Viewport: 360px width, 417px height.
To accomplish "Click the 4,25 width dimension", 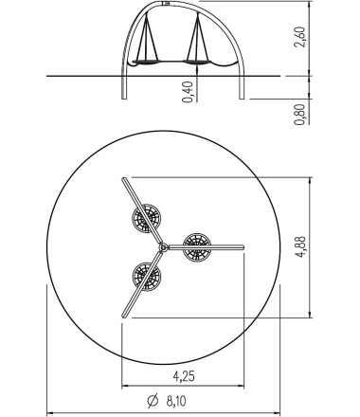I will click(x=186, y=376).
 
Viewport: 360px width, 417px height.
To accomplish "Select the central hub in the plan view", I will click(x=164, y=247).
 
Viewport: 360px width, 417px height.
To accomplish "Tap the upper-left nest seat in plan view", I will click(x=145, y=220).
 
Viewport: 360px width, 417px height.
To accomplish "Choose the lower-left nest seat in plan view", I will click(x=146, y=276).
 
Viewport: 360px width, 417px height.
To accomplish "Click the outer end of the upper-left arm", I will click(x=123, y=179).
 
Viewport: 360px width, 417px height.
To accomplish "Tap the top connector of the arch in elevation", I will click(x=170, y=5).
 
